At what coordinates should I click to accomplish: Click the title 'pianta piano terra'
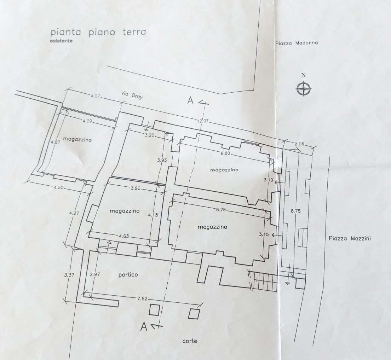click(x=98, y=33)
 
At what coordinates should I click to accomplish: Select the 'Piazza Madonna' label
click(x=296, y=43)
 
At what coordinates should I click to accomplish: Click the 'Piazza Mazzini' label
click(x=350, y=238)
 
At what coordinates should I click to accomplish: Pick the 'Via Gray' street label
click(x=132, y=95)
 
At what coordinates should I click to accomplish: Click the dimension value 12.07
click(x=203, y=121)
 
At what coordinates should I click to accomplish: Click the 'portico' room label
click(x=128, y=275)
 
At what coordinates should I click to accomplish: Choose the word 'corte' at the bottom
click(x=190, y=341)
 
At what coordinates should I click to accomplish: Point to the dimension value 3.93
click(x=162, y=160)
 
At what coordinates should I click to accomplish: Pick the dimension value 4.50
click(x=59, y=187)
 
